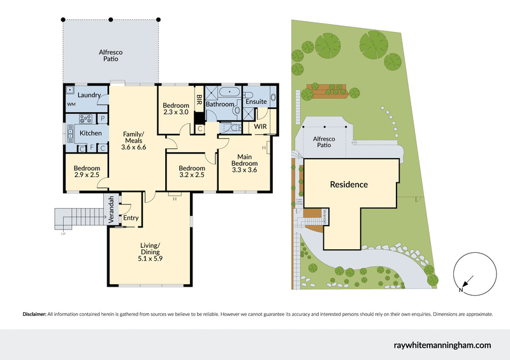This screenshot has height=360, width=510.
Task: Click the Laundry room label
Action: (x=89, y=95)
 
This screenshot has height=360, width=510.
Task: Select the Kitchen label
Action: (x=90, y=133)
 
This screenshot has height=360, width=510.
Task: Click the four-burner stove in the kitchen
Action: (x=85, y=118)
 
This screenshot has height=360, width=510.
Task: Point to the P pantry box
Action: (x=103, y=119)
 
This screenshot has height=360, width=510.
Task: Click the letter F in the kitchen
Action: (x=92, y=148)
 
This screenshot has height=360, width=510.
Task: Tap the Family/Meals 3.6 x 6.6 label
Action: (x=133, y=140)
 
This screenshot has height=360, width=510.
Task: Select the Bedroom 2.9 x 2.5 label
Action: (x=86, y=171)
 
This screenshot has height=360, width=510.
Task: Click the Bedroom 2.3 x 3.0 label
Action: (x=175, y=109)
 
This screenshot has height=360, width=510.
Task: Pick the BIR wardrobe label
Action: (x=199, y=100)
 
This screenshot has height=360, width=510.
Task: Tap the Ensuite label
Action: (x=256, y=101)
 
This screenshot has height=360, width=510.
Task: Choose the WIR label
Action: (x=260, y=127)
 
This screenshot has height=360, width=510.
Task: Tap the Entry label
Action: (x=131, y=218)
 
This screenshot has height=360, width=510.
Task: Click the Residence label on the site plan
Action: (x=348, y=185)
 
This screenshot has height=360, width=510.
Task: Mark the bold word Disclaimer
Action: (x=34, y=314)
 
